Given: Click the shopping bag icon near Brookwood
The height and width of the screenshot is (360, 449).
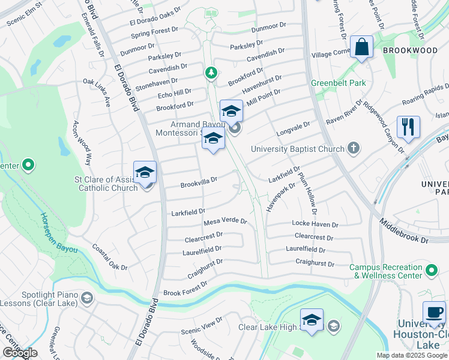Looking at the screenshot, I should coord(362,47).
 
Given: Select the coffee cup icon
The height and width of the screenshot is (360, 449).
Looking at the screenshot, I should coord(434,313).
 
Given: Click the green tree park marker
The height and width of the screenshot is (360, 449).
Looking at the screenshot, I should coord(211,73).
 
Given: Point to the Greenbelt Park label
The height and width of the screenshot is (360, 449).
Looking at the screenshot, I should coord(338,83).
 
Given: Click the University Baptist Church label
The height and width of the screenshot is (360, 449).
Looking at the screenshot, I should coord(298,149).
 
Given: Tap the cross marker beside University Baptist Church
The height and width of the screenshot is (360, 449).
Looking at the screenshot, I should coord(354,148).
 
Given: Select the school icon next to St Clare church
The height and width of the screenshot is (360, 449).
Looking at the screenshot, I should coord(145,173).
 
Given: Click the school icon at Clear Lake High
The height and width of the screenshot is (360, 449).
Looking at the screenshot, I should coord(312,320).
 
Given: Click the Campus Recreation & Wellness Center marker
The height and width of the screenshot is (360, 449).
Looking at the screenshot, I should coord(432,271).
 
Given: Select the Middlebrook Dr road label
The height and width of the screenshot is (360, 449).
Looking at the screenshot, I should coord(403,231).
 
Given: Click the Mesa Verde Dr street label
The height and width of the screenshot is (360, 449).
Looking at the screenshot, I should coord(225,221).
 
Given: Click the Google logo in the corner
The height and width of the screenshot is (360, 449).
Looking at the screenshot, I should coord(20,352).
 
